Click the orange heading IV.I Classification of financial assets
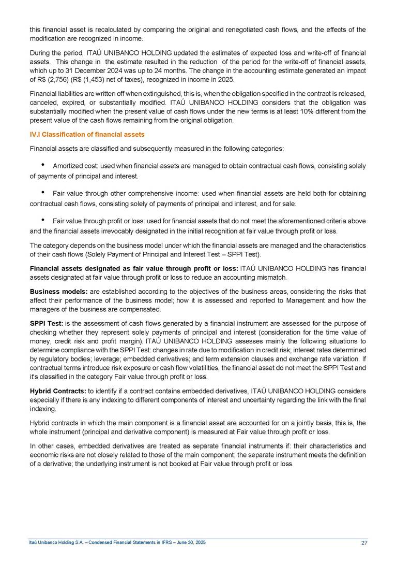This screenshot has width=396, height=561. coord(87,134)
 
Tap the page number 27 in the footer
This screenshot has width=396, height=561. coord(364,542)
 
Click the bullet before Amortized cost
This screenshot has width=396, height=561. coord(42,166)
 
